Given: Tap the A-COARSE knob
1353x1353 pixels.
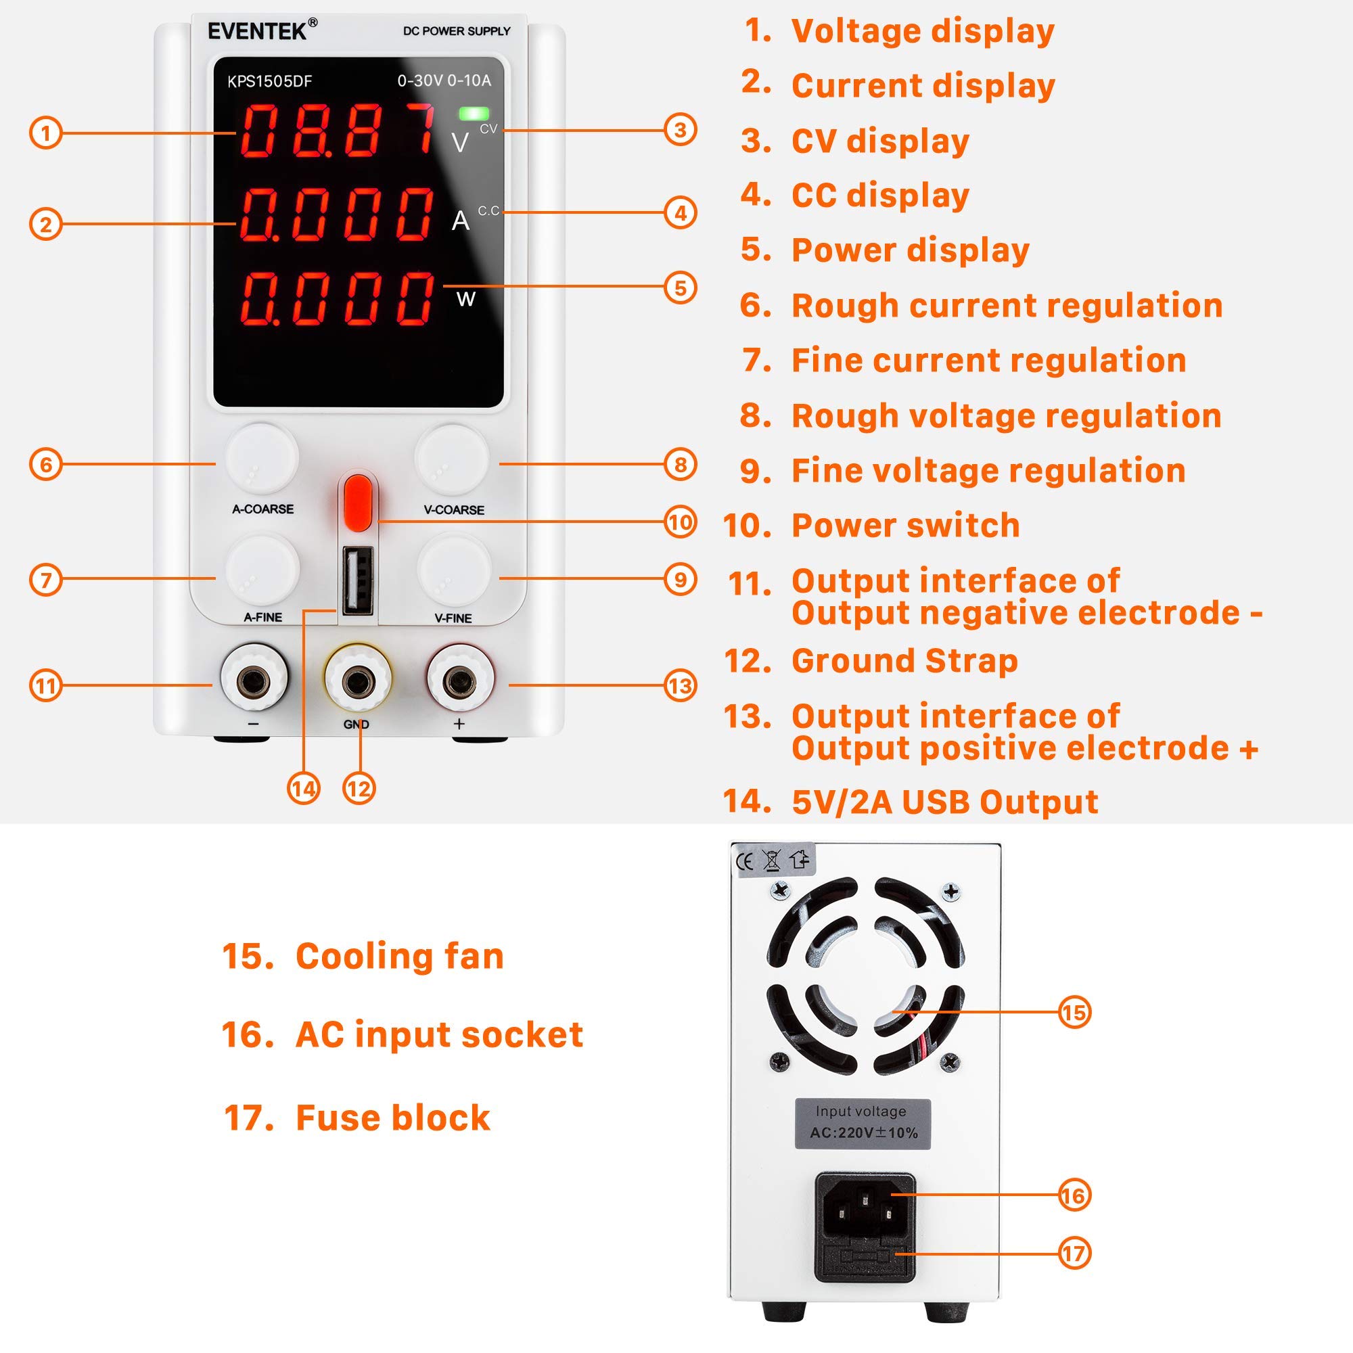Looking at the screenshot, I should (262, 458).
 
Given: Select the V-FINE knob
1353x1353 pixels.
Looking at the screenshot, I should (454, 568).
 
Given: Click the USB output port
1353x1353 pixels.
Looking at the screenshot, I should (357, 580).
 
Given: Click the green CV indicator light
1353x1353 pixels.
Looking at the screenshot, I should (474, 114).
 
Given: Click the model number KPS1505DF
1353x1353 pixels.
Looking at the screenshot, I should (270, 82).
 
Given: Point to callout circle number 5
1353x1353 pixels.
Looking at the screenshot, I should (680, 288).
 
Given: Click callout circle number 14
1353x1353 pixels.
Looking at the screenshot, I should (303, 789).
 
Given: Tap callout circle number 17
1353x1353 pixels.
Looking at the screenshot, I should (1074, 1253).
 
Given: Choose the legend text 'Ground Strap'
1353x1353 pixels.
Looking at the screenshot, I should (903, 661).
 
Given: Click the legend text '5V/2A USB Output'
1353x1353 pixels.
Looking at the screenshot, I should (944, 802).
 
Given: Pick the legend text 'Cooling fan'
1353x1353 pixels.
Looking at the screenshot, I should (399, 957).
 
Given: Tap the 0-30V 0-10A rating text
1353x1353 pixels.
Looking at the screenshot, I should (444, 81).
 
